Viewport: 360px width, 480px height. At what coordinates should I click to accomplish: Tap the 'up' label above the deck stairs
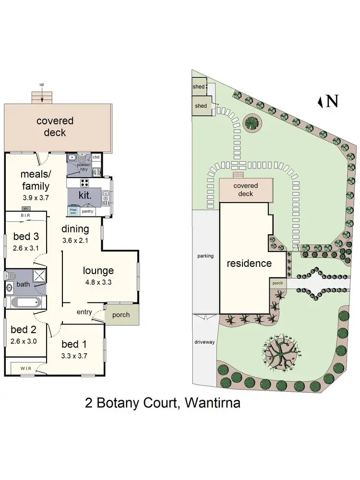click(x=42, y=85)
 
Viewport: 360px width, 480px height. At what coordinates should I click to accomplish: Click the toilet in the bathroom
click(x=10, y=276)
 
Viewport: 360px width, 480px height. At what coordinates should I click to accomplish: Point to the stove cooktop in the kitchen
click(x=84, y=182)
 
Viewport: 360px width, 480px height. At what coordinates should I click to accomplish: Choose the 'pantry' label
click(x=87, y=211)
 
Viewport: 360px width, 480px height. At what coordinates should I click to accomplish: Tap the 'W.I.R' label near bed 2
click(x=25, y=368)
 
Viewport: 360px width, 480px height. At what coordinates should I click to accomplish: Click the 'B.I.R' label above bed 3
click(x=25, y=216)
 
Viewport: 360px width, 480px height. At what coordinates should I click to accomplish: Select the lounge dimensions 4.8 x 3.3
click(x=98, y=282)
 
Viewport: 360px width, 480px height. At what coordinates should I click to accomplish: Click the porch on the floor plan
click(x=121, y=315)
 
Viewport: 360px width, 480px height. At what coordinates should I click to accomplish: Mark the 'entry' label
click(x=84, y=312)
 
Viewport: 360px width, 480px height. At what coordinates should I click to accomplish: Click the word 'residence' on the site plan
click(x=249, y=264)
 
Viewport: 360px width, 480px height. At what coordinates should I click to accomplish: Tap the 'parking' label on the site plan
click(x=205, y=256)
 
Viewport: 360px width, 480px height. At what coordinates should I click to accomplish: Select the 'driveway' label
click(x=205, y=342)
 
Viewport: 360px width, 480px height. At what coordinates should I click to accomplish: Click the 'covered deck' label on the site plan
click(x=246, y=190)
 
